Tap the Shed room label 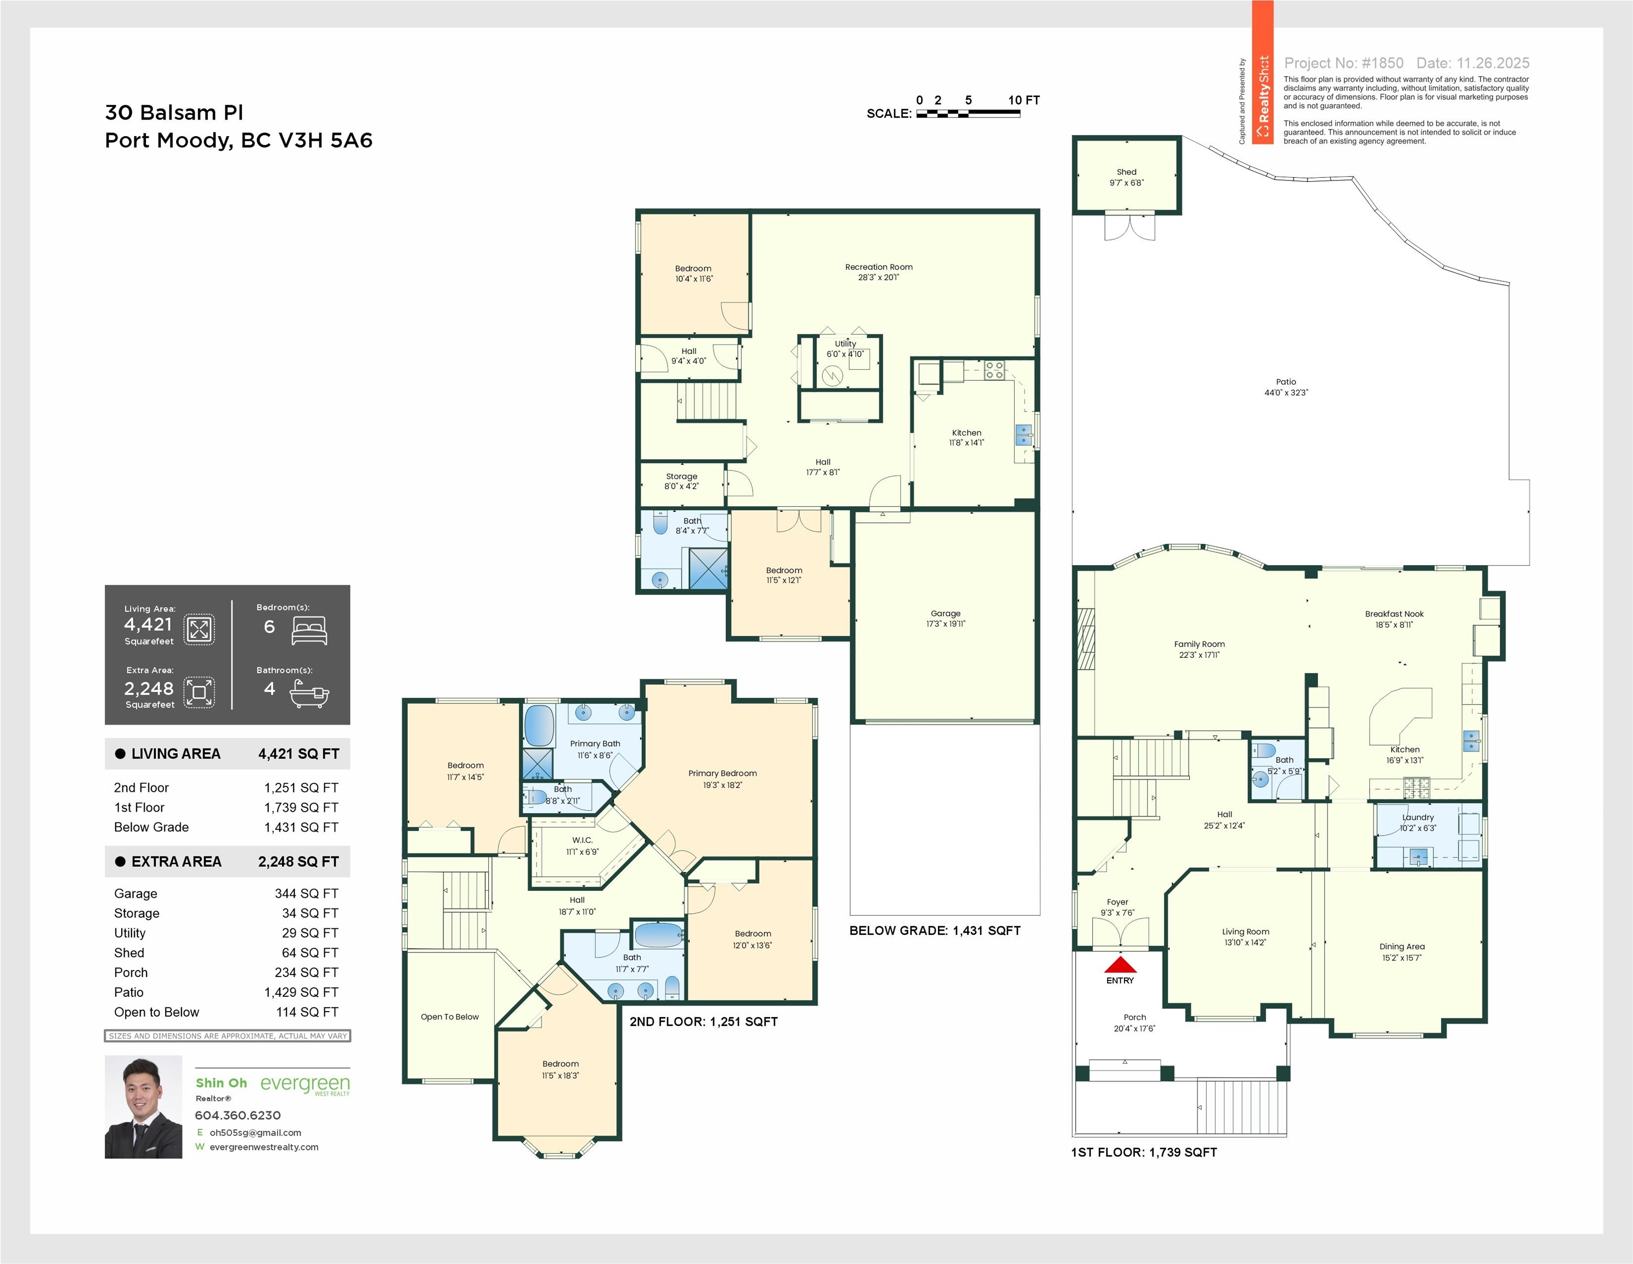(x=1127, y=172)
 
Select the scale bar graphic (x=968, y=114)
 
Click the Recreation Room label (x=879, y=267)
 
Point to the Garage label (x=946, y=613)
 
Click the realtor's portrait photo (x=144, y=1107)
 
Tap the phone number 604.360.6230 (x=238, y=1115)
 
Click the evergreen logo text (x=305, y=1085)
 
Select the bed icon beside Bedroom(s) (x=309, y=630)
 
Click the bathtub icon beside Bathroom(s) (x=309, y=694)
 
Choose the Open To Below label (x=449, y=1017)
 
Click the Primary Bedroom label (x=722, y=774)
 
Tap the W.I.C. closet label (x=583, y=840)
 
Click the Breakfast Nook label (x=1394, y=614)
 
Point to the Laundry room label (x=1419, y=817)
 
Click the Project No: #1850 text (x=1343, y=64)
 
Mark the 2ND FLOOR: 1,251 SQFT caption (x=704, y=1022)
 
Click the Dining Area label (x=1402, y=946)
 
